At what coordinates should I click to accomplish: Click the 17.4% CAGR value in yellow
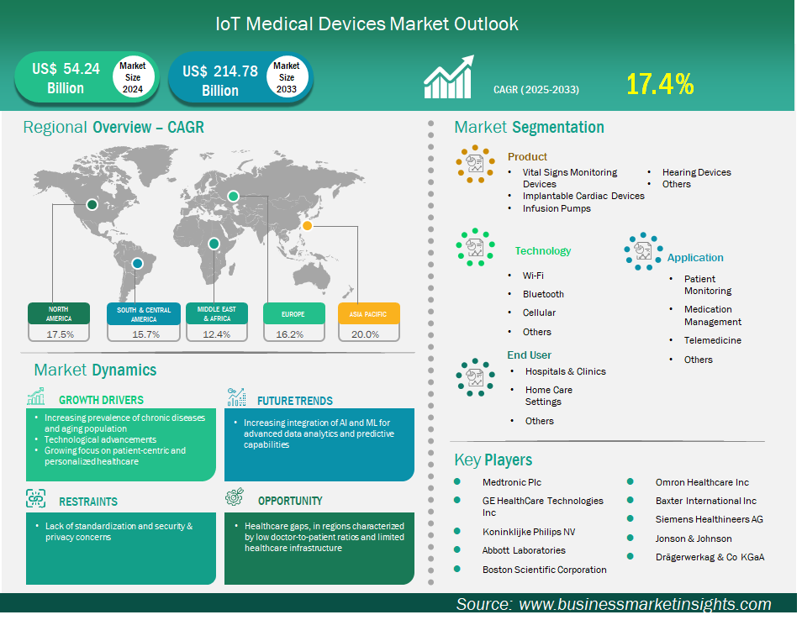[660, 84]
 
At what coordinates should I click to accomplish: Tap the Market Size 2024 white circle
[133, 77]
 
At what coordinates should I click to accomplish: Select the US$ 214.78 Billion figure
[220, 81]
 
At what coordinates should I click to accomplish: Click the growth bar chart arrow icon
[449, 76]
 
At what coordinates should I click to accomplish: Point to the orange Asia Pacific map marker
[307, 225]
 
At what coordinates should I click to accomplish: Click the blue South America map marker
[137, 264]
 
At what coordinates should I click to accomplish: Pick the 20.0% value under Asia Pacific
[365, 334]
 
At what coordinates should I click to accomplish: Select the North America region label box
[59, 314]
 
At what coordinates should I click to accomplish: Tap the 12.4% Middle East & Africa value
[217, 334]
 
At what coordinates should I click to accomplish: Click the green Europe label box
[294, 314]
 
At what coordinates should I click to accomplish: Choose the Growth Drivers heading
[101, 400]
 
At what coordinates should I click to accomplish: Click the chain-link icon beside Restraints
[36, 498]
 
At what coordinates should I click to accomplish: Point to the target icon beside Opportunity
[235, 497]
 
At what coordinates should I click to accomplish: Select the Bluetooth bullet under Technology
[543, 294]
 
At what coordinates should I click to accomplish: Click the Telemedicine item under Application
[713, 340]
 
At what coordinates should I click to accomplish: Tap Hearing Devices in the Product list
[697, 172]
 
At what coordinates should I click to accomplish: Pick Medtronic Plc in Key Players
[511, 482]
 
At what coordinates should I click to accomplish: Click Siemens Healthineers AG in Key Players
[709, 519]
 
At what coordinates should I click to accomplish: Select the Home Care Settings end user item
[549, 396]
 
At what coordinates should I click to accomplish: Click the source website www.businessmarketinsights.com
[645, 604]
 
